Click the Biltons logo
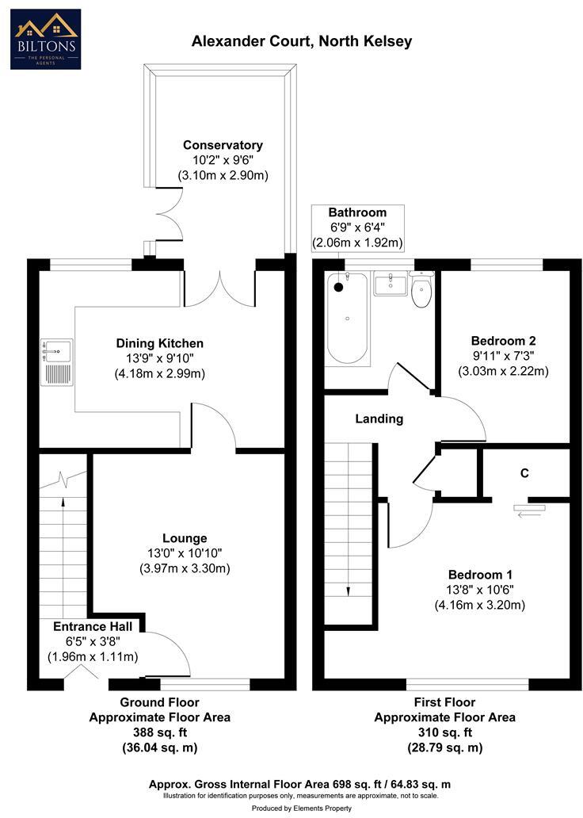coord(45,39)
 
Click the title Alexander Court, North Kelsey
coord(302,41)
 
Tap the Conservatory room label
coord(223,145)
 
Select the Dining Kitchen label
coord(160,343)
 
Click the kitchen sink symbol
coord(57,362)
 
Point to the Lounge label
coord(185,538)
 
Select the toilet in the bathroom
coord(421,291)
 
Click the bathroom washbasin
coord(389,285)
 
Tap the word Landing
coord(379,419)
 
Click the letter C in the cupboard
coord(524,473)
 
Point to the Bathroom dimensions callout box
coord(358,227)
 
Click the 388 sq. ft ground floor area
coord(159,732)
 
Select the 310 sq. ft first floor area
coord(444,732)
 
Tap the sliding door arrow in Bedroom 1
coord(524,512)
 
